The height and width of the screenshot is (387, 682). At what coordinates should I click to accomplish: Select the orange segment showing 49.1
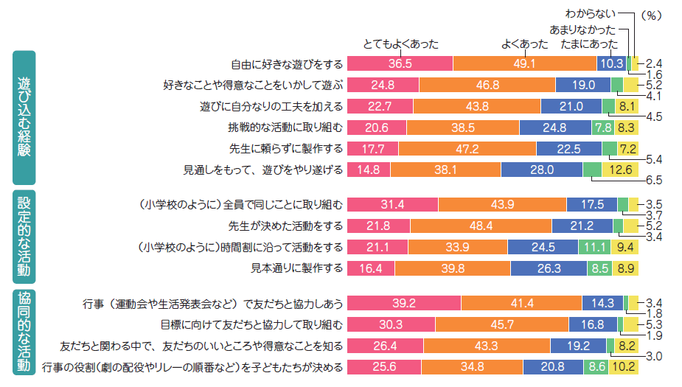[524, 63]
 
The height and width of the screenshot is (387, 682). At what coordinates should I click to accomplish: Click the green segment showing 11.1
[592, 246]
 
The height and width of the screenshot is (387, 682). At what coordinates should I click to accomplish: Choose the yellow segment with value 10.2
[623, 366]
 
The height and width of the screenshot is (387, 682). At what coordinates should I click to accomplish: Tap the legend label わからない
[589, 13]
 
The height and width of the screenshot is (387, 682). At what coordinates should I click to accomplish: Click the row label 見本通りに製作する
[297, 268]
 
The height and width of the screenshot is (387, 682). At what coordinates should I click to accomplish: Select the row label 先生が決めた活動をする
[287, 226]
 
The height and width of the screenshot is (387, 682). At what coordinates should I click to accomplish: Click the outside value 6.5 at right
[653, 180]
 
